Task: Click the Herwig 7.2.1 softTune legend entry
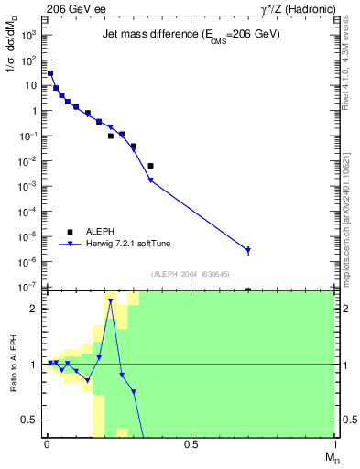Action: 127,244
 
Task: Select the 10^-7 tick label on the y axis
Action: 27,288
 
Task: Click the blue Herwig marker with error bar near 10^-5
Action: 248,250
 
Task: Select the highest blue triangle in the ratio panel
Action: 110,300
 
